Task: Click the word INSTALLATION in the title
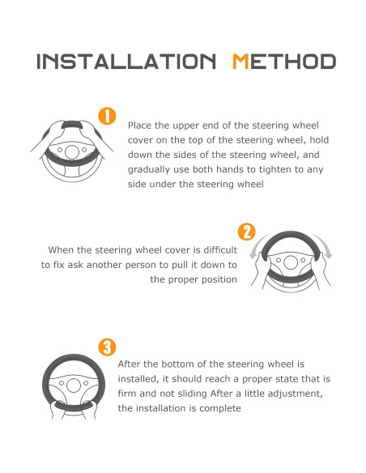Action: (x=126, y=62)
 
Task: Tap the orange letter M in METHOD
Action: (x=240, y=62)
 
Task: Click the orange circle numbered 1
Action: (x=107, y=116)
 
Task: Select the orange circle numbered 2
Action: (x=247, y=232)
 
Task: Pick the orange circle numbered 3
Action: (x=107, y=347)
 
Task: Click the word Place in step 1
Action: (x=140, y=126)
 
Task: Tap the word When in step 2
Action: (x=61, y=250)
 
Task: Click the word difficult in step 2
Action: (x=220, y=250)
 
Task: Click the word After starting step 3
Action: (x=129, y=364)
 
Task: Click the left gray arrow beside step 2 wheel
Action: (x=256, y=247)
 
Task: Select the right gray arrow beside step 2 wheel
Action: (x=325, y=245)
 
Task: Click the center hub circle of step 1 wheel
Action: (x=72, y=151)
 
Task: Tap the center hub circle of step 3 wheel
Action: (x=73, y=386)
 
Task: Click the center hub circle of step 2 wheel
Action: (x=291, y=262)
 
